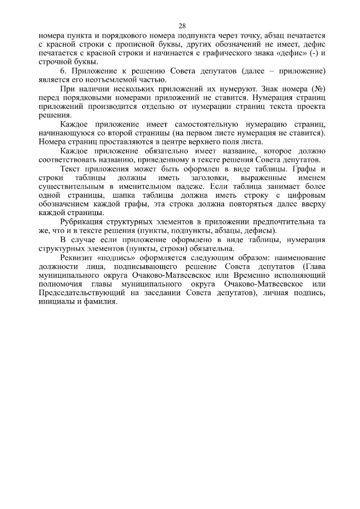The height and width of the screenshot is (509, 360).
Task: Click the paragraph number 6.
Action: [64, 71]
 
